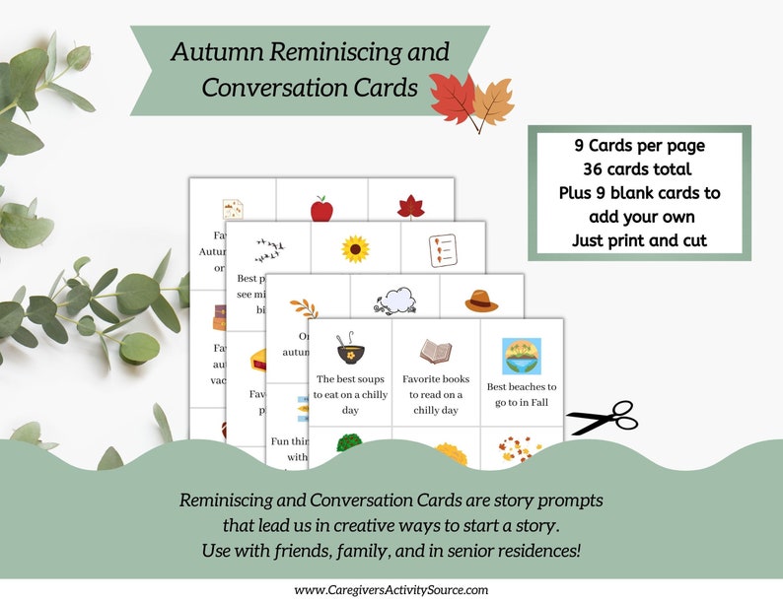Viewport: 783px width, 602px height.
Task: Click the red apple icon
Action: [321, 209]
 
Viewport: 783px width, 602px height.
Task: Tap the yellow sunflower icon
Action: [356, 248]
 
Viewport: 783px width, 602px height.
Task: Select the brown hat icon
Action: [481, 301]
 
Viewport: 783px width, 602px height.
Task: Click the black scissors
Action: [603, 417]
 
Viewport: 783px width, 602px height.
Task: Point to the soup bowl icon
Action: [350, 348]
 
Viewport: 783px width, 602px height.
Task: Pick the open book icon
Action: [435, 351]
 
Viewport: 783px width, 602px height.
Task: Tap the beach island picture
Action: [521, 357]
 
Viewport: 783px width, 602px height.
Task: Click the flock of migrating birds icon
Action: [269, 250]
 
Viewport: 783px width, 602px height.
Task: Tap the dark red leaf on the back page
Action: [409, 206]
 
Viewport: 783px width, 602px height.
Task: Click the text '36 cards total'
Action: [639, 167]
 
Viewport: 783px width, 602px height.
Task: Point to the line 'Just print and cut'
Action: [639, 239]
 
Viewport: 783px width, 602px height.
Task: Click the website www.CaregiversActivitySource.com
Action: [391, 589]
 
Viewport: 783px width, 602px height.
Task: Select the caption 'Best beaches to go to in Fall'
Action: [522, 394]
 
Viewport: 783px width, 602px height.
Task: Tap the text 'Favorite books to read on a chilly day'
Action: [436, 394]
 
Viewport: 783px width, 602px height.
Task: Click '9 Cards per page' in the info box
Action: [639, 144]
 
